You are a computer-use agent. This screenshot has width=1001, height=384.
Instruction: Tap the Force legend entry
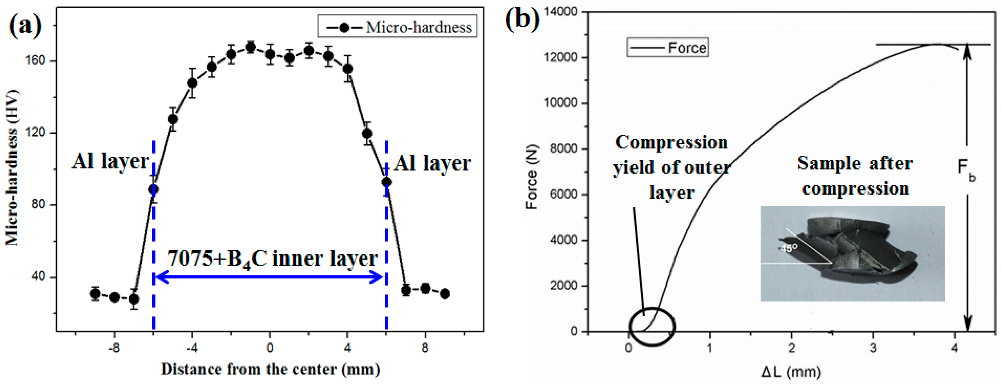tap(668, 48)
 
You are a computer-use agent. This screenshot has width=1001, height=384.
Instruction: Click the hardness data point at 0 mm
tap(270, 54)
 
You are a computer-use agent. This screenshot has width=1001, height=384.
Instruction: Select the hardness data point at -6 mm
tap(154, 189)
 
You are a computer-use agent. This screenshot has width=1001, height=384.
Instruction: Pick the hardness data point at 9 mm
tap(445, 294)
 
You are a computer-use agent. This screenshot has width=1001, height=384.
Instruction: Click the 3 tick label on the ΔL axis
tap(873, 348)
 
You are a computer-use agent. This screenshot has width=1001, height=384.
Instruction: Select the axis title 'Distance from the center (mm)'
tap(270, 369)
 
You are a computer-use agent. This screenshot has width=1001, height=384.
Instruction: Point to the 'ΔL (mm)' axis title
tap(791, 372)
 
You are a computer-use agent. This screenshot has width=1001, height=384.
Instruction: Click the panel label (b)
tap(522, 18)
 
